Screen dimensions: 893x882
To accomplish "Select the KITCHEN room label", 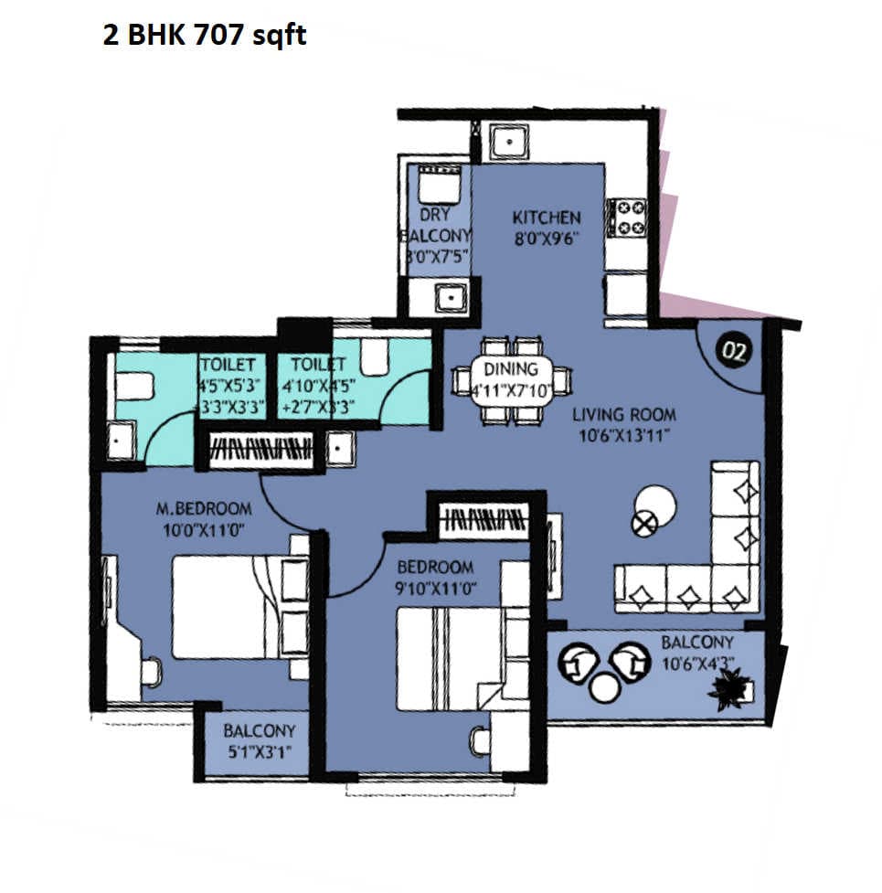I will (x=546, y=218).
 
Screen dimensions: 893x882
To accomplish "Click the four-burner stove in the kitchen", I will (x=628, y=218).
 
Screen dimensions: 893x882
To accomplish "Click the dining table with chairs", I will (x=511, y=380).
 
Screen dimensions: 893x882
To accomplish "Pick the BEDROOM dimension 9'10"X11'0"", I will (x=433, y=589).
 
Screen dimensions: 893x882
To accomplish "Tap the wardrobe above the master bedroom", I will (x=260, y=451).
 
